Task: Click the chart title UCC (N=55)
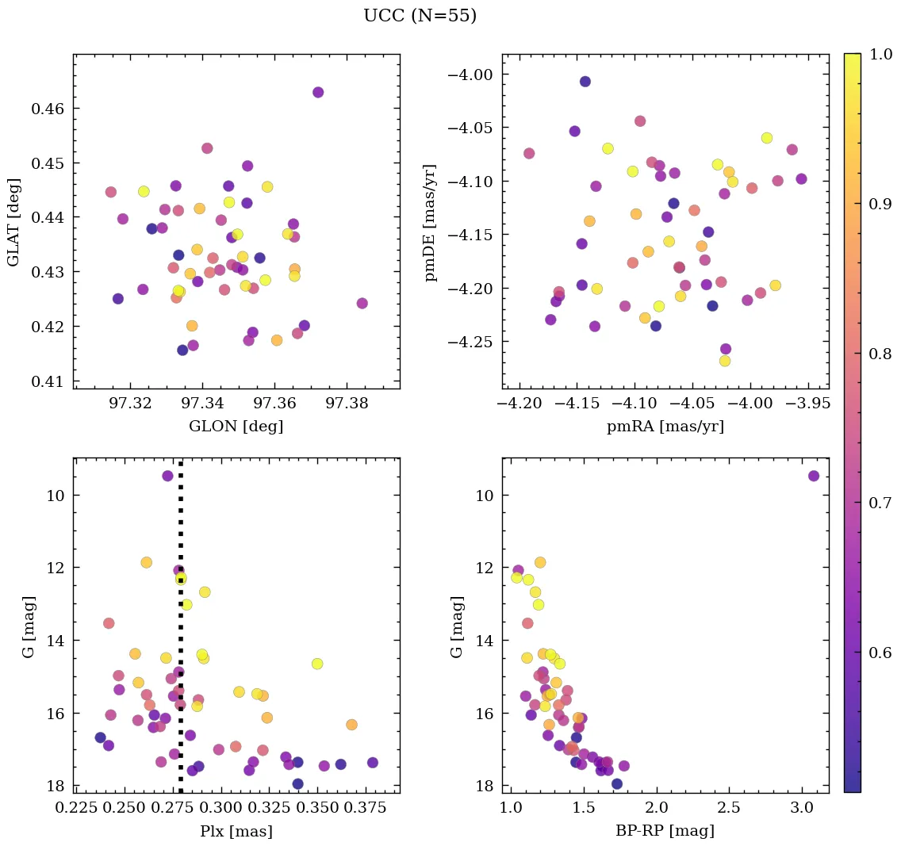click(x=420, y=16)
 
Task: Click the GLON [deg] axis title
click(x=236, y=426)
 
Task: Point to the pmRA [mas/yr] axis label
click(x=665, y=426)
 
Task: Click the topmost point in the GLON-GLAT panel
click(x=318, y=92)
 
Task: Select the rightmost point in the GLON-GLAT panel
click(x=362, y=303)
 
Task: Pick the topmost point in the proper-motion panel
click(x=585, y=82)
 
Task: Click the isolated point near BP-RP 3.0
click(x=814, y=476)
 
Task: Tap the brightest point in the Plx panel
click(x=167, y=476)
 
